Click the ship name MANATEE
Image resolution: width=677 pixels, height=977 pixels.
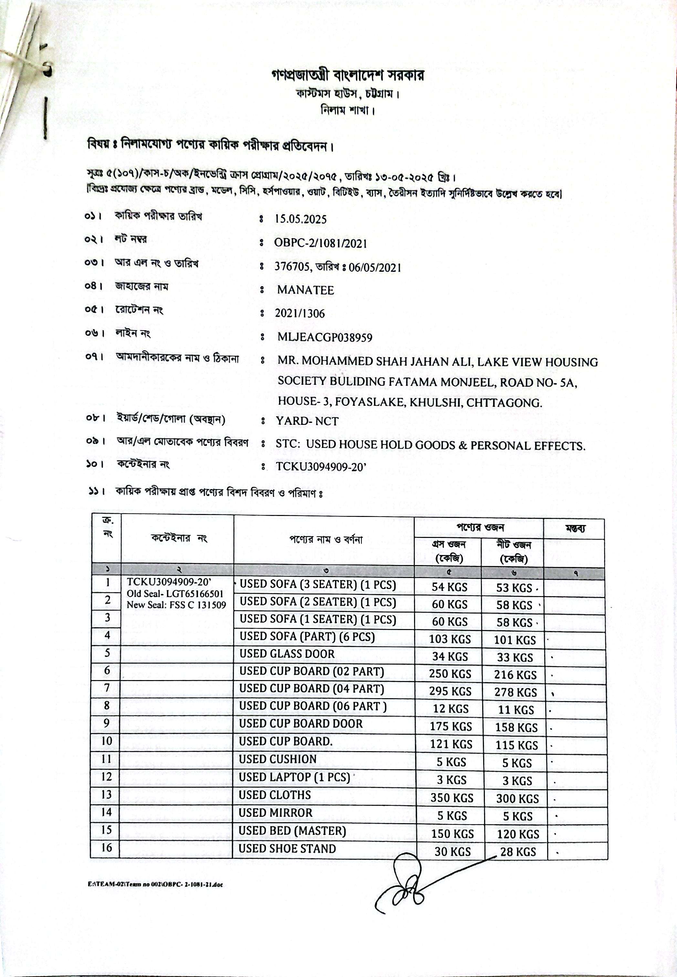click(306, 290)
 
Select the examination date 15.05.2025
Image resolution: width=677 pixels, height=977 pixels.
click(300, 219)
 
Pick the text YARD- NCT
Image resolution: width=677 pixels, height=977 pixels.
click(307, 421)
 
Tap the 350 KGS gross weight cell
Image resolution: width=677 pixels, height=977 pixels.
click(452, 798)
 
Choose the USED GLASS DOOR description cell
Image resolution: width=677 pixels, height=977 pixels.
click(287, 654)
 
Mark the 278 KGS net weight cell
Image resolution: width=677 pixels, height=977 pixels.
click(516, 692)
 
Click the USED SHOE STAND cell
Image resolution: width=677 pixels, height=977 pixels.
click(287, 848)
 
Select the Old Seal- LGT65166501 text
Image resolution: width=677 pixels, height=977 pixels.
click(175, 594)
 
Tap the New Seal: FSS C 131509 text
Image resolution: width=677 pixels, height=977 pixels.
click(176, 605)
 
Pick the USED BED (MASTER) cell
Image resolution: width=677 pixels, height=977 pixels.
click(292, 831)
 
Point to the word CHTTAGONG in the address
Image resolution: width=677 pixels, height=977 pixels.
click(504, 403)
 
